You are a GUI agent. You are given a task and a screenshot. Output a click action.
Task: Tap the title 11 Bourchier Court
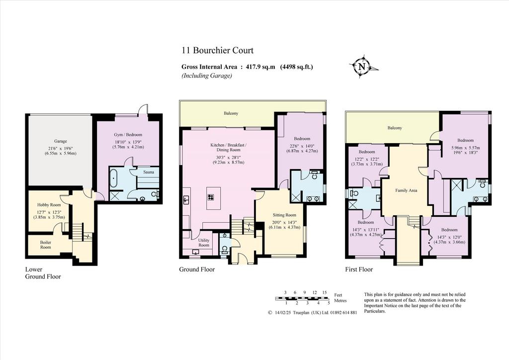[x=217, y=50]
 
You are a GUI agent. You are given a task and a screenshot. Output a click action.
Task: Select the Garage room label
[x=60, y=141]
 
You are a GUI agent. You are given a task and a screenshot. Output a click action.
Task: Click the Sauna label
[x=149, y=172]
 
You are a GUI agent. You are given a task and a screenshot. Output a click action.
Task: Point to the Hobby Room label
[x=49, y=205]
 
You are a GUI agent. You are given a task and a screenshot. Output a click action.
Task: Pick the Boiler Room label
[x=45, y=245]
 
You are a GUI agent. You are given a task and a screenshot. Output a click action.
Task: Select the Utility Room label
[x=204, y=243]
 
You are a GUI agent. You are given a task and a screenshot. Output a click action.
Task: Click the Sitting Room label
[x=284, y=215]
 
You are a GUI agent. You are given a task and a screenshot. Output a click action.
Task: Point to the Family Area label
[x=406, y=190]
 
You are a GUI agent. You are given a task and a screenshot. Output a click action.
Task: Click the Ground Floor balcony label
[x=231, y=113]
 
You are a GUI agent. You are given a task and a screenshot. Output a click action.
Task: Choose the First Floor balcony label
[x=395, y=128]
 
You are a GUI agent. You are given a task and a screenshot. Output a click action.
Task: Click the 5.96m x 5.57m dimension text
[x=465, y=148]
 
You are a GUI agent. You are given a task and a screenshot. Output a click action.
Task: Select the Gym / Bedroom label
[x=128, y=135]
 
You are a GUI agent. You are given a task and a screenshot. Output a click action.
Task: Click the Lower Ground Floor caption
[x=43, y=273]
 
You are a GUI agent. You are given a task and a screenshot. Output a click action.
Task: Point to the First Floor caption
[x=359, y=270]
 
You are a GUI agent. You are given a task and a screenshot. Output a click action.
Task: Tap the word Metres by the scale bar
[x=340, y=301]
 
